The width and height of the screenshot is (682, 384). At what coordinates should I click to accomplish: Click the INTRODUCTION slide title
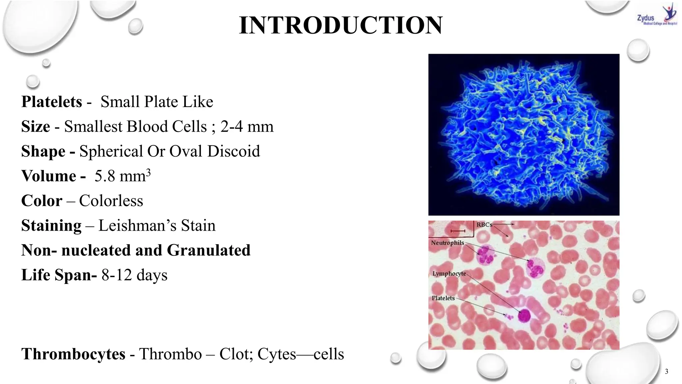(x=341, y=25)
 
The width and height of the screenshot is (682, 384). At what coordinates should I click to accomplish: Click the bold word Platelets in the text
(x=52, y=102)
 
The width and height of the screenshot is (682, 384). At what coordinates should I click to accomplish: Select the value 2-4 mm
(x=247, y=127)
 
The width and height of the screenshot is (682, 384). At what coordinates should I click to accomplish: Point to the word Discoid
(x=233, y=151)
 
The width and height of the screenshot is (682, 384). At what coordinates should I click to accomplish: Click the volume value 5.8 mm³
(x=122, y=176)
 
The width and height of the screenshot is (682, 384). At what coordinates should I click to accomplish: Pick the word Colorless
(x=111, y=201)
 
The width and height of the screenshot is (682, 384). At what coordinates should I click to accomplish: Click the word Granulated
(x=208, y=250)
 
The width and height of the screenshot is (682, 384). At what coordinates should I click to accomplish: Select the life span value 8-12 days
(x=134, y=275)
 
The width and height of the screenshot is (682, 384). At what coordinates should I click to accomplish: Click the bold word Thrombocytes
(x=73, y=354)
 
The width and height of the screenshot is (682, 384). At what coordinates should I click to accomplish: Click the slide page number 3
(x=666, y=372)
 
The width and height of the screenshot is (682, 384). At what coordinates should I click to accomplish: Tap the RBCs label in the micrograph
(x=484, y=225)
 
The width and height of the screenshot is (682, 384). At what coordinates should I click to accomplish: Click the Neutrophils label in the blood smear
(x=447, y=243)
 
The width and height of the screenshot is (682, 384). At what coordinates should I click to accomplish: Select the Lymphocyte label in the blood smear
(x=449, y=274)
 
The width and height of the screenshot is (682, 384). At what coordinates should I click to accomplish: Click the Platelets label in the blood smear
(x=443, y=298)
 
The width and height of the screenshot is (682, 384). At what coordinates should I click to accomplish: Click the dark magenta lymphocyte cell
(x=524, y=315)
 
